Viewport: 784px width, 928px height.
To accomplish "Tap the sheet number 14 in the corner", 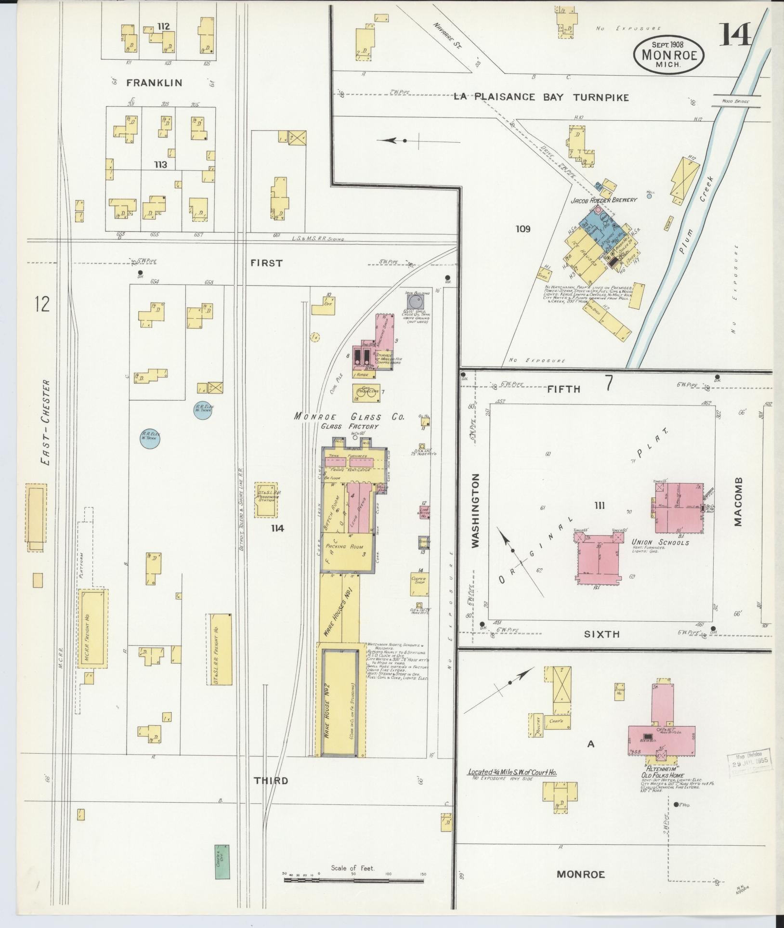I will pyautogui.click(x=735, y=35).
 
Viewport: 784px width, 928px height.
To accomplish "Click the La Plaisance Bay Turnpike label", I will pyautogui.click(x=541, y=97).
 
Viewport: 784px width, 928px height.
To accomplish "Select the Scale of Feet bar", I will pyautogui.click(x=353, y=880).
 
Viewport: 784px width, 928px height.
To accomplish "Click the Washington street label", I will pyautogui.click(x=476, y=510).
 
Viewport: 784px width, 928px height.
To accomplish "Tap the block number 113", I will pyautogui.click(x=160, y=165).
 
